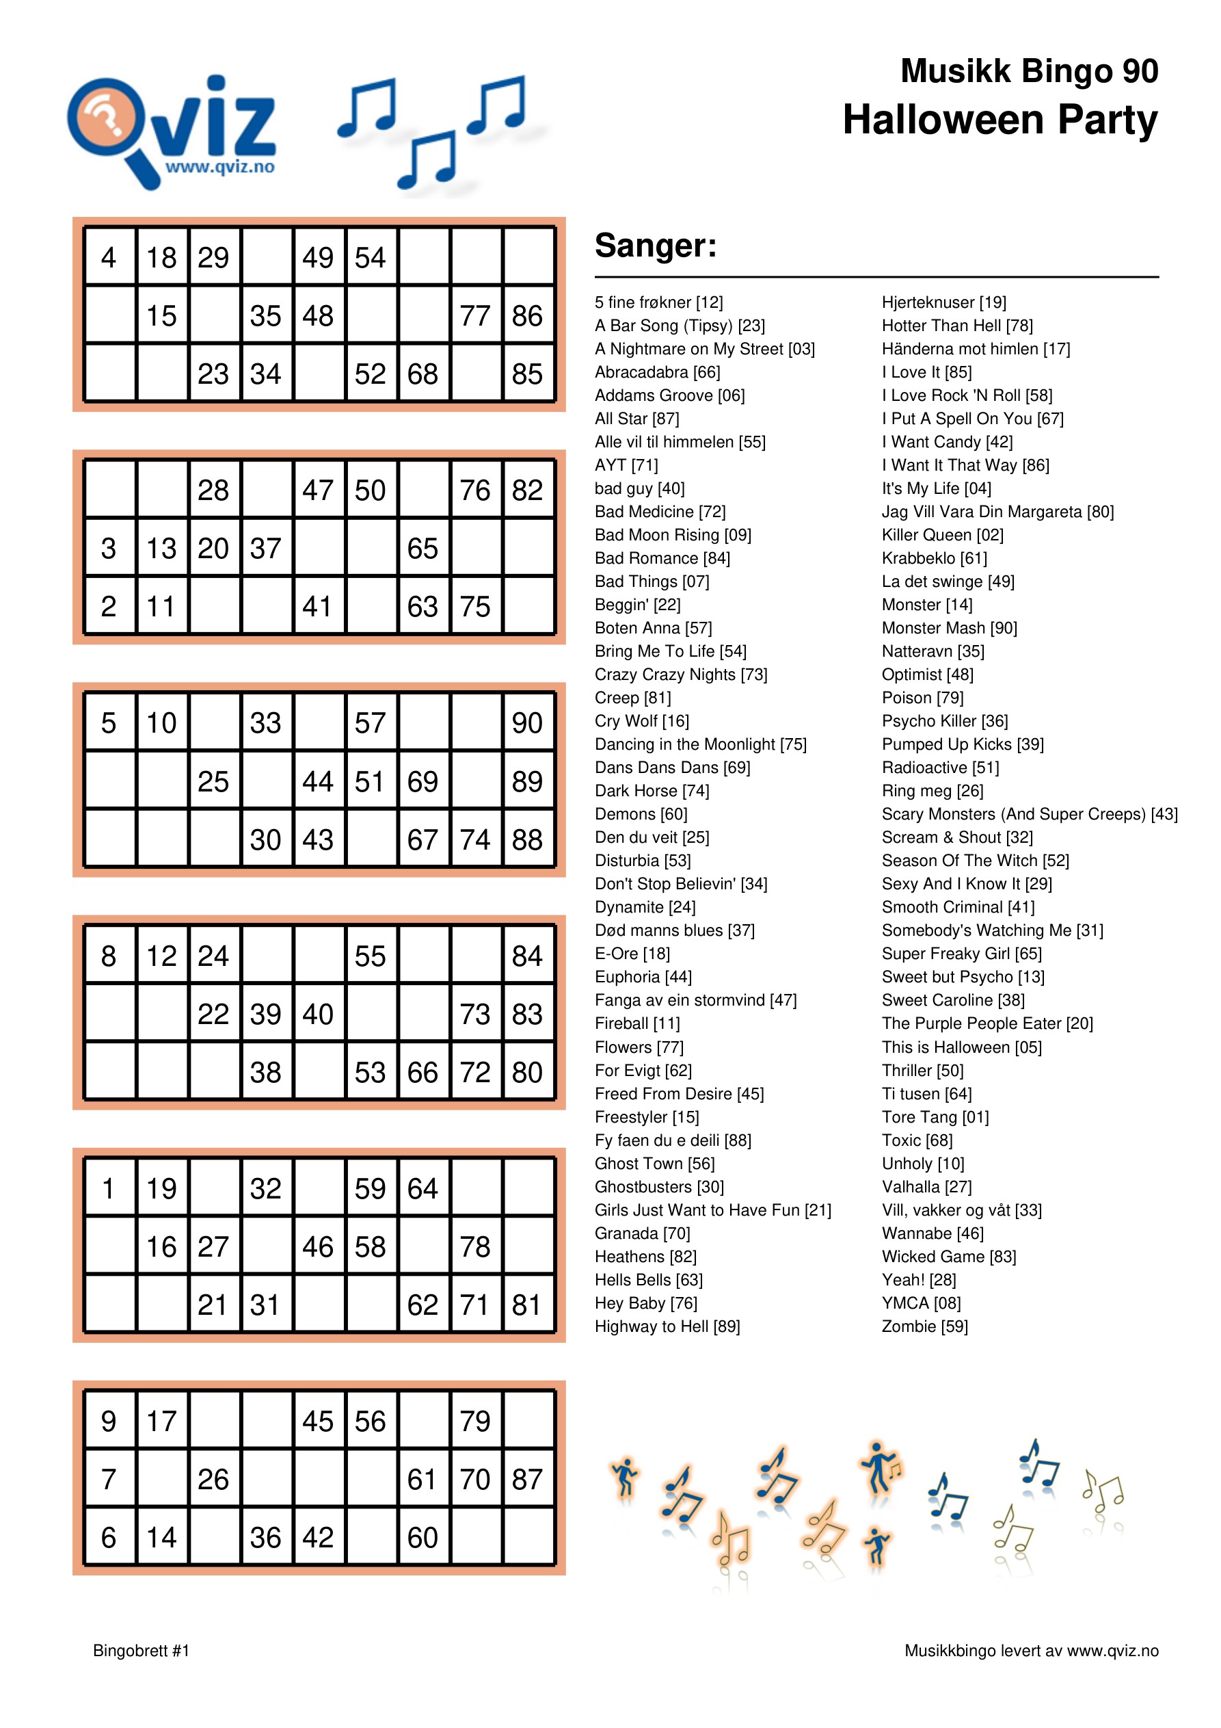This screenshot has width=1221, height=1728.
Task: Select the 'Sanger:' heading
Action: point(655,246)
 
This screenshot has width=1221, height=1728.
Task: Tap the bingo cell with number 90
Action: point(527,723)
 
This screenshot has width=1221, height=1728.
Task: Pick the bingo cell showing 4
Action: point(109,257)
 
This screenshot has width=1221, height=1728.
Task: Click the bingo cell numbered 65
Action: point(422,549)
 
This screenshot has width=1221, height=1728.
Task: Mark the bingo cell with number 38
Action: point(265,1073)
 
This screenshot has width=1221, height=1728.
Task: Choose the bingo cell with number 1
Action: point(109,1188)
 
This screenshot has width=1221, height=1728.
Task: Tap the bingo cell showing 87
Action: point(527,1479)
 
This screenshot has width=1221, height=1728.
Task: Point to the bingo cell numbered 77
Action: point(475,316)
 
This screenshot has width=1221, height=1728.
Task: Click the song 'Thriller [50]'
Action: point(922,1070)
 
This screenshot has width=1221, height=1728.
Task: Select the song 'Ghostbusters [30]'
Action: point(659,1187)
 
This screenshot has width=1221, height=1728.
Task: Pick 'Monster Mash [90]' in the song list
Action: point(950,628)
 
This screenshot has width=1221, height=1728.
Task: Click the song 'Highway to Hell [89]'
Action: point(667,1326)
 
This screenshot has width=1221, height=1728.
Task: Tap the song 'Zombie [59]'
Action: point(924,1326)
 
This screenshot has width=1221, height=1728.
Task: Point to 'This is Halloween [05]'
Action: point(961,1047)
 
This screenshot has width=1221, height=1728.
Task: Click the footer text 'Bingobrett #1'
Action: point(142,1651)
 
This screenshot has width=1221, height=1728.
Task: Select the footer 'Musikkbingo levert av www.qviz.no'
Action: point(1032,1651)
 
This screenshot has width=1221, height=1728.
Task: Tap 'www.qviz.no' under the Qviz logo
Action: point(219,167)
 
